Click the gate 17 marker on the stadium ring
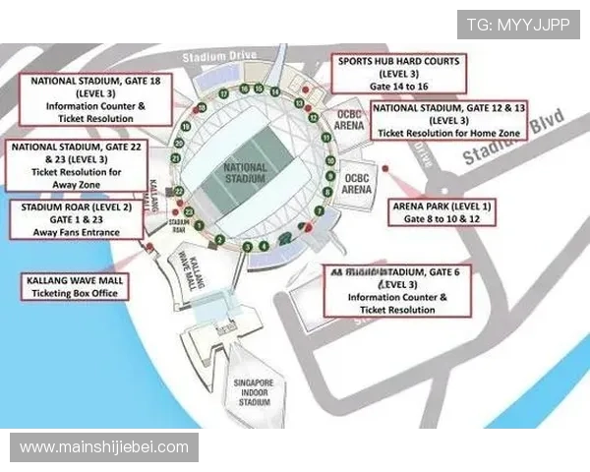224,91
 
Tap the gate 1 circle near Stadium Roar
200,225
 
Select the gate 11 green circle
327,141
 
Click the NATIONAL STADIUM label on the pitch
245,175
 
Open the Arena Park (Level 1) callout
442,210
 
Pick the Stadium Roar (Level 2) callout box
75,220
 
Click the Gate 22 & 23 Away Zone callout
74,164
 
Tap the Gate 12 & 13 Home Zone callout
449,119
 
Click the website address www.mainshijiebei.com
104,447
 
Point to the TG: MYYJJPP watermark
517,23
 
